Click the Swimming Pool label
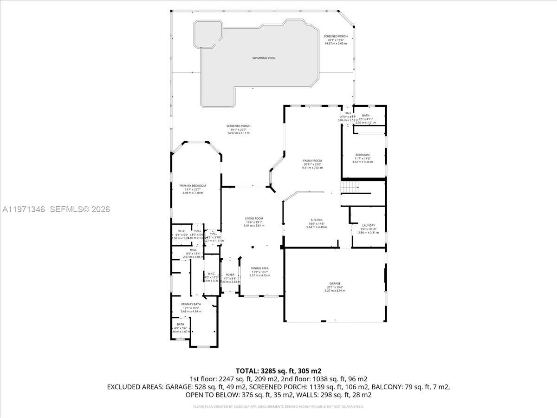point(264,58)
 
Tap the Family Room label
point(312,161)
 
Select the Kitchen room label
point(317,220)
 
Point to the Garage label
point(335,283)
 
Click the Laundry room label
point(368,225)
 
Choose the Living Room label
point(254,218)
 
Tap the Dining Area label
point(259,268)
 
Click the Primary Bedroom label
point(193,186)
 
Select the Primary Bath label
point(191,304)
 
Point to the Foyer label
point(230,274)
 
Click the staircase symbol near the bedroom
point(350,187)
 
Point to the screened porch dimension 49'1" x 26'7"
point(238,130)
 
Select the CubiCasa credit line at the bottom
point(278,406)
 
